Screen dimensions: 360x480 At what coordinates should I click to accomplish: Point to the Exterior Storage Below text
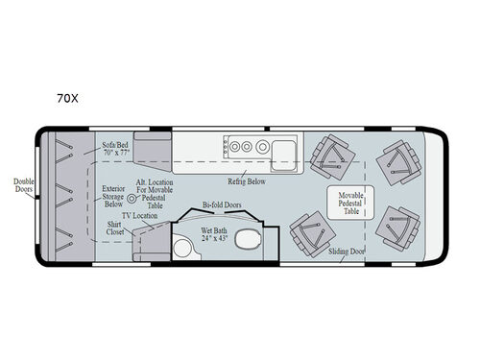point(114,196)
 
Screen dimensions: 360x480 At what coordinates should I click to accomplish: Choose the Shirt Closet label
point(119,230)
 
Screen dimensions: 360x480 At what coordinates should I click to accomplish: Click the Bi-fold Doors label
point(220,204)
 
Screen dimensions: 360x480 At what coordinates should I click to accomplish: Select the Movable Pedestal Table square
point(348,203)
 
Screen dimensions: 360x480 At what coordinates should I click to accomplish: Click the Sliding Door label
point(347,251)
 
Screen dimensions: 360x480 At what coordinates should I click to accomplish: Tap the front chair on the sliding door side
point(396,230)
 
